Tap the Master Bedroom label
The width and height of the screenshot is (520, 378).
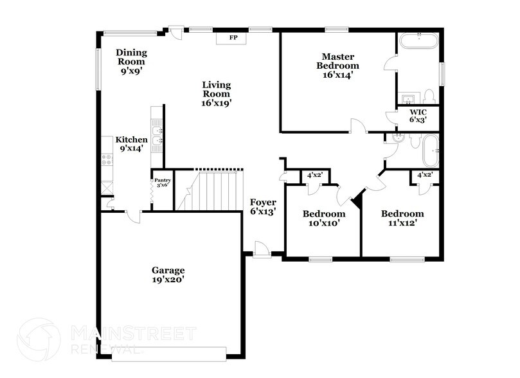[338, 61]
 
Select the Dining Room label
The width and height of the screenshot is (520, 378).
[130, 57]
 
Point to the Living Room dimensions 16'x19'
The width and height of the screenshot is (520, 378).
[217, 102]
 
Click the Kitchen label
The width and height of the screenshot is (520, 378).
[131, 139]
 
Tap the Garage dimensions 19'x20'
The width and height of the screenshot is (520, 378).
[168, 280]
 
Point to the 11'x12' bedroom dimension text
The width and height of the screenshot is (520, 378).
[402, 223]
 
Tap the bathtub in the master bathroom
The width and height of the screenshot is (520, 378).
[418, 42]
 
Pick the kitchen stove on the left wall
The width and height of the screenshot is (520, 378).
[107, 159]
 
